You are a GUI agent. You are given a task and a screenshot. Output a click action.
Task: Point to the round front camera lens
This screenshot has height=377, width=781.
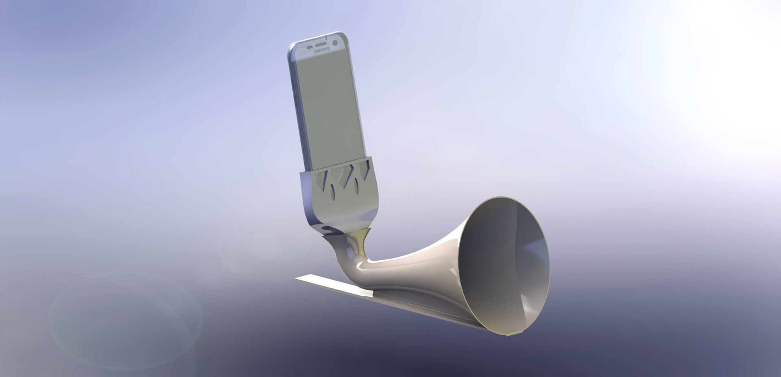click(x=335, y=43)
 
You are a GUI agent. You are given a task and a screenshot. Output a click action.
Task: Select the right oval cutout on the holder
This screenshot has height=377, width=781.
click(x=356, y=186)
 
